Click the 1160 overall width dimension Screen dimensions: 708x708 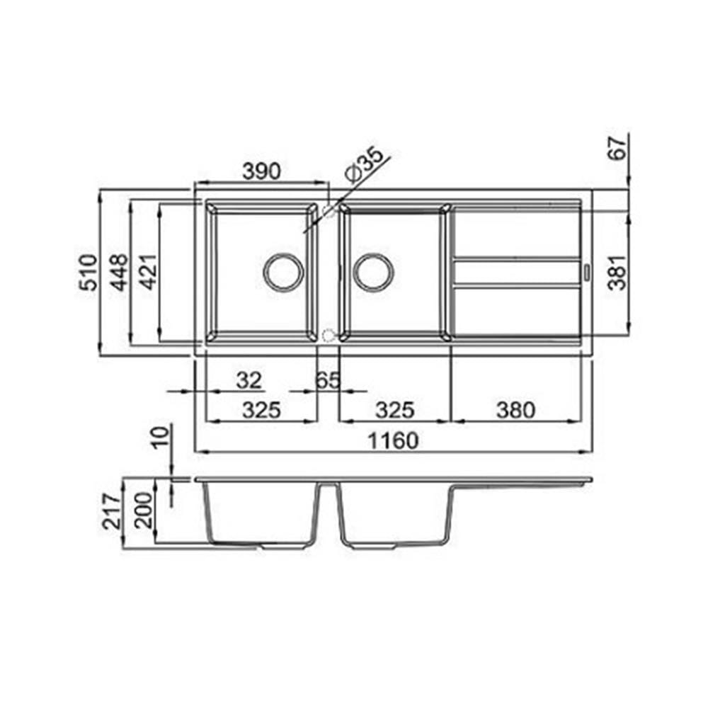(393, 440)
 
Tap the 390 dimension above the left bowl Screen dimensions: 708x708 (261, 171)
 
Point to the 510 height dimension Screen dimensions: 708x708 (88, 273)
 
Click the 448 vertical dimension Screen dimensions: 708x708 (120, 273)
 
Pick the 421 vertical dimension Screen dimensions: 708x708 (149, 272)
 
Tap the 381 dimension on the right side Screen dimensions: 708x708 (617, 273)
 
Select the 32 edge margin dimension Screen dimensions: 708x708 (249, 381)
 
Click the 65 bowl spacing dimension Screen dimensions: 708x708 (327, 381)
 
